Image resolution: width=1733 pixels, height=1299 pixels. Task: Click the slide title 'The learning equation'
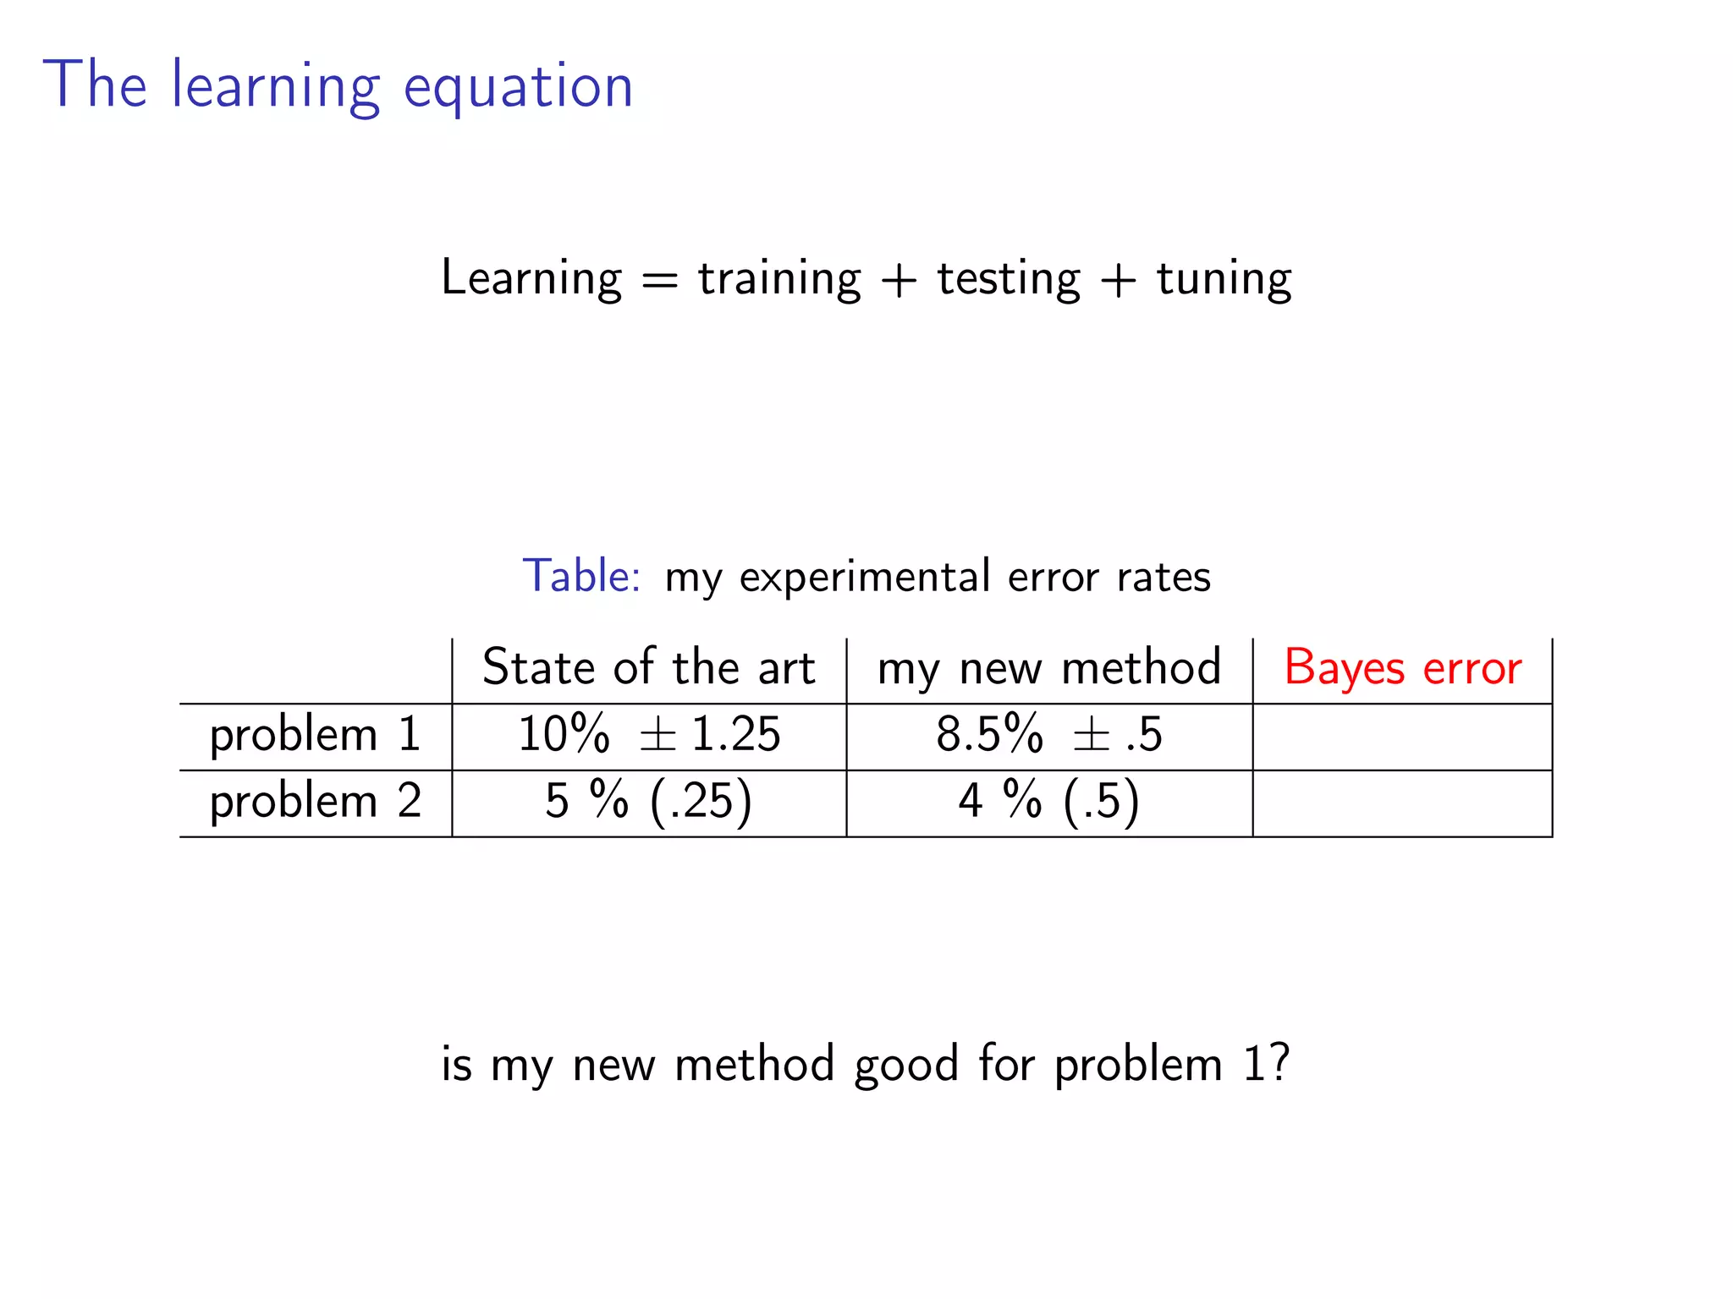338,85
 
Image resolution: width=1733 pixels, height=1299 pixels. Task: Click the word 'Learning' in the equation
531,278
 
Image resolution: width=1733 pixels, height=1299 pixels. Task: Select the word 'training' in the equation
779,278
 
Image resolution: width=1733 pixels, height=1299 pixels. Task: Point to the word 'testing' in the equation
1009,278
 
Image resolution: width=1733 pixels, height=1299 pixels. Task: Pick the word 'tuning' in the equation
1224,278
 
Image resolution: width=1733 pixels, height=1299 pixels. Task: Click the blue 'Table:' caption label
581,576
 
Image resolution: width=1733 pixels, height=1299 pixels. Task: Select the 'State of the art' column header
648,667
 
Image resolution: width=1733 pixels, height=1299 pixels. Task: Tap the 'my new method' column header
1049,667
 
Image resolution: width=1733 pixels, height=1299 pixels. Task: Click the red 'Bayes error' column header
1402,667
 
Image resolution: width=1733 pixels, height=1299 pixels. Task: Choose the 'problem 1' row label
315,734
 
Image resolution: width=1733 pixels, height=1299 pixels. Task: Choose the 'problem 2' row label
315,801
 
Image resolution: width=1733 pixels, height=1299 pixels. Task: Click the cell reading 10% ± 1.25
648,734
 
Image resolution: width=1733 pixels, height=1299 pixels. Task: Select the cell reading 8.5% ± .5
1049,734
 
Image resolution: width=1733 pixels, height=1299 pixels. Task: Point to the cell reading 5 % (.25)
648,801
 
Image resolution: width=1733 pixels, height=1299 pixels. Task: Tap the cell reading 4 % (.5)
1049,801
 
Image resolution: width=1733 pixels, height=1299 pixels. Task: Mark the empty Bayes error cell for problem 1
1402,737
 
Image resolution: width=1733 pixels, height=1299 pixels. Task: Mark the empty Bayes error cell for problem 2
1402,803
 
